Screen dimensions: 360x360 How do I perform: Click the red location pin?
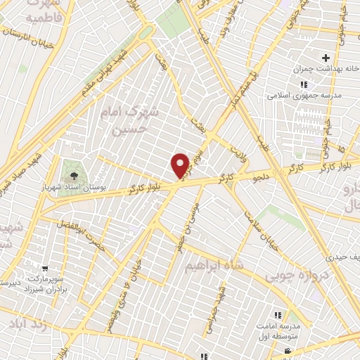pos(181,165)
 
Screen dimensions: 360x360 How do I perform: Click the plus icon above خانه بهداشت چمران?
pos(325,57)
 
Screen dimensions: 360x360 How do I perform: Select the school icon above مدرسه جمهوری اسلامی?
pos(304,84)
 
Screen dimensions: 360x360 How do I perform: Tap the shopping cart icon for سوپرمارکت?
pos(46,268)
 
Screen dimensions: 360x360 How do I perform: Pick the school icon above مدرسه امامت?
pos(277,314)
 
